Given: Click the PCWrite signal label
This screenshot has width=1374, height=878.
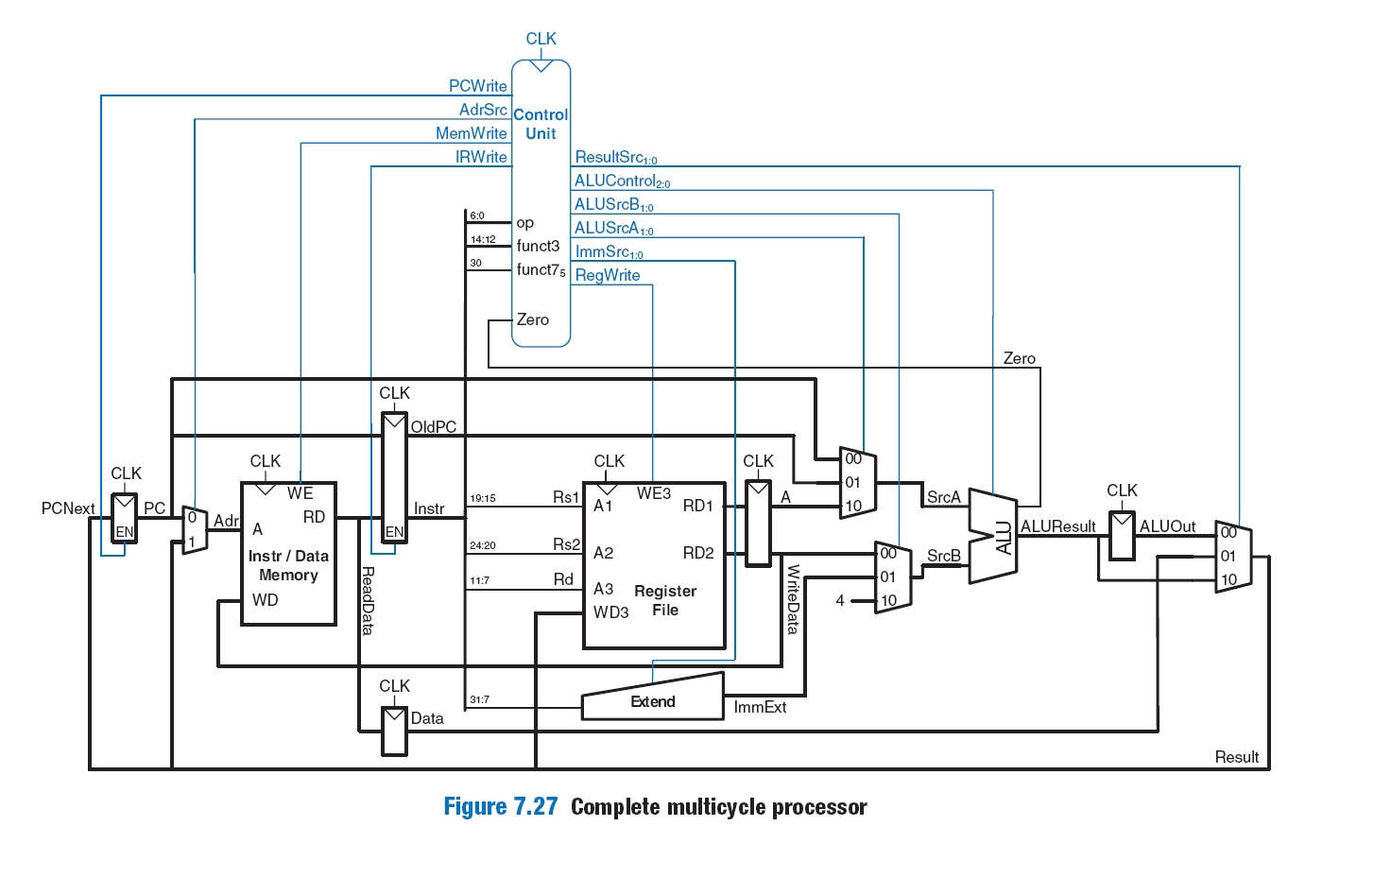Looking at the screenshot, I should pos(477,86).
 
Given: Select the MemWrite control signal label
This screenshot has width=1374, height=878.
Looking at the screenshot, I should pos(471,133).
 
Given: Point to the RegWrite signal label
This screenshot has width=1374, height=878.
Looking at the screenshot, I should pos(607,275).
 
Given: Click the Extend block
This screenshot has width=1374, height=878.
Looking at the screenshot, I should pos(652,701).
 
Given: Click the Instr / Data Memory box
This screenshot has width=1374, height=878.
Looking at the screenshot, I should pos(288,565).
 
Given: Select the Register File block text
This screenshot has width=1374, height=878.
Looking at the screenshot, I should pos(665,600).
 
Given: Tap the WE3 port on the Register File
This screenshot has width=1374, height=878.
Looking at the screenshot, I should pos(653,493).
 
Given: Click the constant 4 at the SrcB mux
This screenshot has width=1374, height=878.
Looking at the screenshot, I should pos(840,600).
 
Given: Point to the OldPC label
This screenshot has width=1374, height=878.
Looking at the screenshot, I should pos(434,427).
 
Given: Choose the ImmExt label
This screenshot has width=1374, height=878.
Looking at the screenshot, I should pos(760,707).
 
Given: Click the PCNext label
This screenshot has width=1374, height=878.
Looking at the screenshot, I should pos(68,508).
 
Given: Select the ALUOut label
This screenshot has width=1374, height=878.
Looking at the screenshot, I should pos(1167,526).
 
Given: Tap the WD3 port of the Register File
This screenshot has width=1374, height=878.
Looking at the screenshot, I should pos(610,612).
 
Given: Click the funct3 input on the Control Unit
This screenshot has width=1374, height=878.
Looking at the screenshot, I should pos(538,246).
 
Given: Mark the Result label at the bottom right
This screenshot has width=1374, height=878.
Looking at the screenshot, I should pos(1236,757).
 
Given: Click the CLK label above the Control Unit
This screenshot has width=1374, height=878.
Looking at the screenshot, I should pos(541,39).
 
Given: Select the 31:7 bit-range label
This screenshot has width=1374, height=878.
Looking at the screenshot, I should pos(479,700).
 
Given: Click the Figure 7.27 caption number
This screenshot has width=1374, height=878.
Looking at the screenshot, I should pos(501,807).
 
